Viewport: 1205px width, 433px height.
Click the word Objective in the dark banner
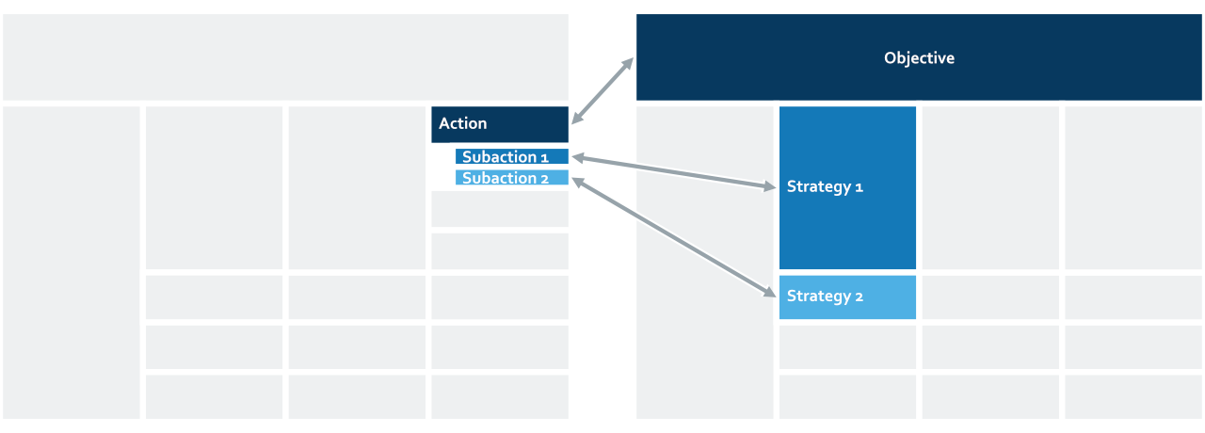(919, 58)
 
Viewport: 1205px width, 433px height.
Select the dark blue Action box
(500, 124)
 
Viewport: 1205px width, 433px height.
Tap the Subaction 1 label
(506, 156)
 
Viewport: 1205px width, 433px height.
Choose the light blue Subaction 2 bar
(511, 178)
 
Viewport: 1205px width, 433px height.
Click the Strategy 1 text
(825, 187)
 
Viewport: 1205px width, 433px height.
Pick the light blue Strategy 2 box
(847, 297)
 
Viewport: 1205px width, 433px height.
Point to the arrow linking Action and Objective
(602, 91)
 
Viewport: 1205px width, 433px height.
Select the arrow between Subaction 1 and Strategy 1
(673, 171)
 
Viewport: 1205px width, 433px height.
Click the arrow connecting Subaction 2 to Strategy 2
(673, 237)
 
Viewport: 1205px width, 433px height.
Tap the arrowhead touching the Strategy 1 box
(770, 186)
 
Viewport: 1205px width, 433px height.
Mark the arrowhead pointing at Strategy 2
(770, 293)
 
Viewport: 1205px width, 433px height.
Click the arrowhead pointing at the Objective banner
(628, 63)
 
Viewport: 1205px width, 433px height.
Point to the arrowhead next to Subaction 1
(578, 157)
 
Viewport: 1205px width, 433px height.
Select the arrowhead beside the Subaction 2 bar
(577, 182)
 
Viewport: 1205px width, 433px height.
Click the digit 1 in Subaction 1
(544, 157)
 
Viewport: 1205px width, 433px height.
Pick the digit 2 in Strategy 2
(860, 297)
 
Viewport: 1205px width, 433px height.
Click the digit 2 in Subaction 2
(544, 179)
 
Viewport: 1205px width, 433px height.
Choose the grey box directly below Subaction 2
(500, 209)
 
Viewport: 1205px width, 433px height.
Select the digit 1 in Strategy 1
(860, 187)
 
